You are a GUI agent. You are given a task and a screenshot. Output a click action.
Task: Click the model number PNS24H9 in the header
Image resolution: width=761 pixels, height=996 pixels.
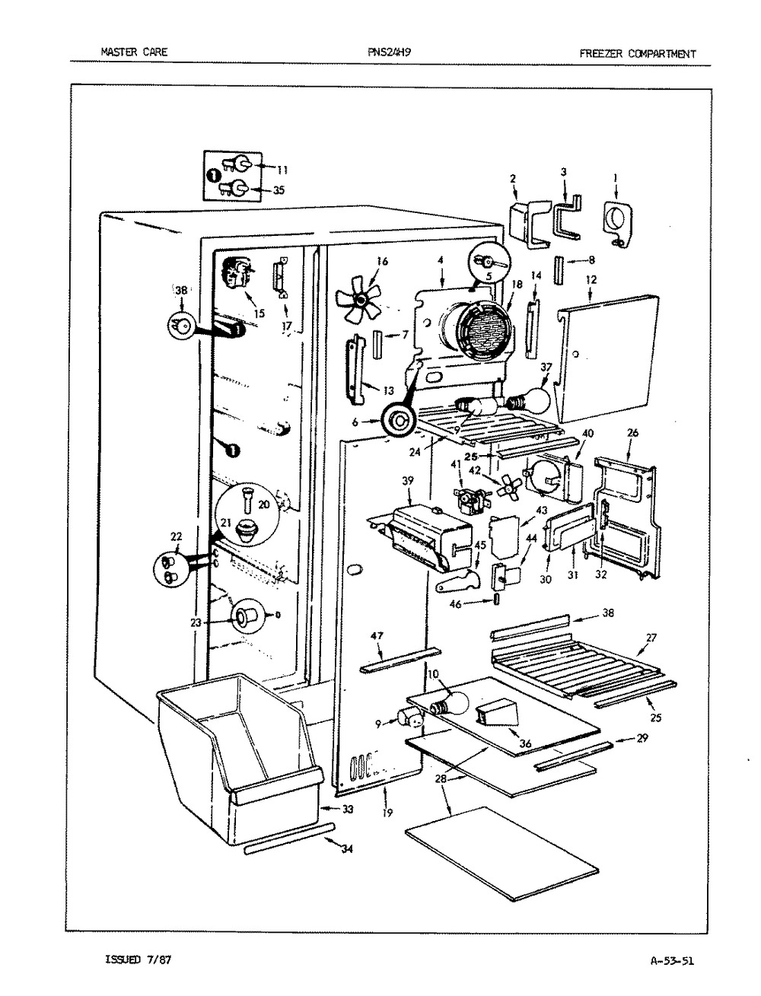pyautogui.click(x=389, y=52)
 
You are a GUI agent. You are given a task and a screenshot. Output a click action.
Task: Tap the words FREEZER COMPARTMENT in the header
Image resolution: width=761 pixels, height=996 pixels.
pyautogui.click(x=637, y=54)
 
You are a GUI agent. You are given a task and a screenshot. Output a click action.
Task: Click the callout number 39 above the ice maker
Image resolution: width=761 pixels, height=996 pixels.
pyautogui.click(x=407, y=481)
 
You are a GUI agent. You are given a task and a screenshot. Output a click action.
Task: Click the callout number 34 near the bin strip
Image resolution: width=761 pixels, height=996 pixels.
pyautogui.click(x=347, y=848)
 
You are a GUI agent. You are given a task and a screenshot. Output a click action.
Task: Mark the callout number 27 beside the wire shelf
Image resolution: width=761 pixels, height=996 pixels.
pyautogui.click(x=651, y=638)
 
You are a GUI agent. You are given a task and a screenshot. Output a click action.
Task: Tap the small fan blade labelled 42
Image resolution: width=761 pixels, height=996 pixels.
pyautogui.click(x=507, y=489)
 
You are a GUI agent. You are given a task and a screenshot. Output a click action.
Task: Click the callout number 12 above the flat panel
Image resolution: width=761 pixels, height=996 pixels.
pyautogui.click(x=591, y=281)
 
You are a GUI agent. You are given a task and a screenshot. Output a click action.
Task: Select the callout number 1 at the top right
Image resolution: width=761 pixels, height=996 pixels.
pyautogui.click(x=616, y=178)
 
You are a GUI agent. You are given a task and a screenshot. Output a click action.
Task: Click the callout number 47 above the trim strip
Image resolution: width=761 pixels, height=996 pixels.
pyautogui.click(x=377, y=636)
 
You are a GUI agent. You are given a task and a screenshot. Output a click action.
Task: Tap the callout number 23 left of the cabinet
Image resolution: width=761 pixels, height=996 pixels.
pyautogui.click(x=196, y=622)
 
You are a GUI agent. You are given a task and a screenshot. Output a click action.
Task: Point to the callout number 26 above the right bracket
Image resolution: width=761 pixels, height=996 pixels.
pyautogui.click(x=632, y=433)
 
